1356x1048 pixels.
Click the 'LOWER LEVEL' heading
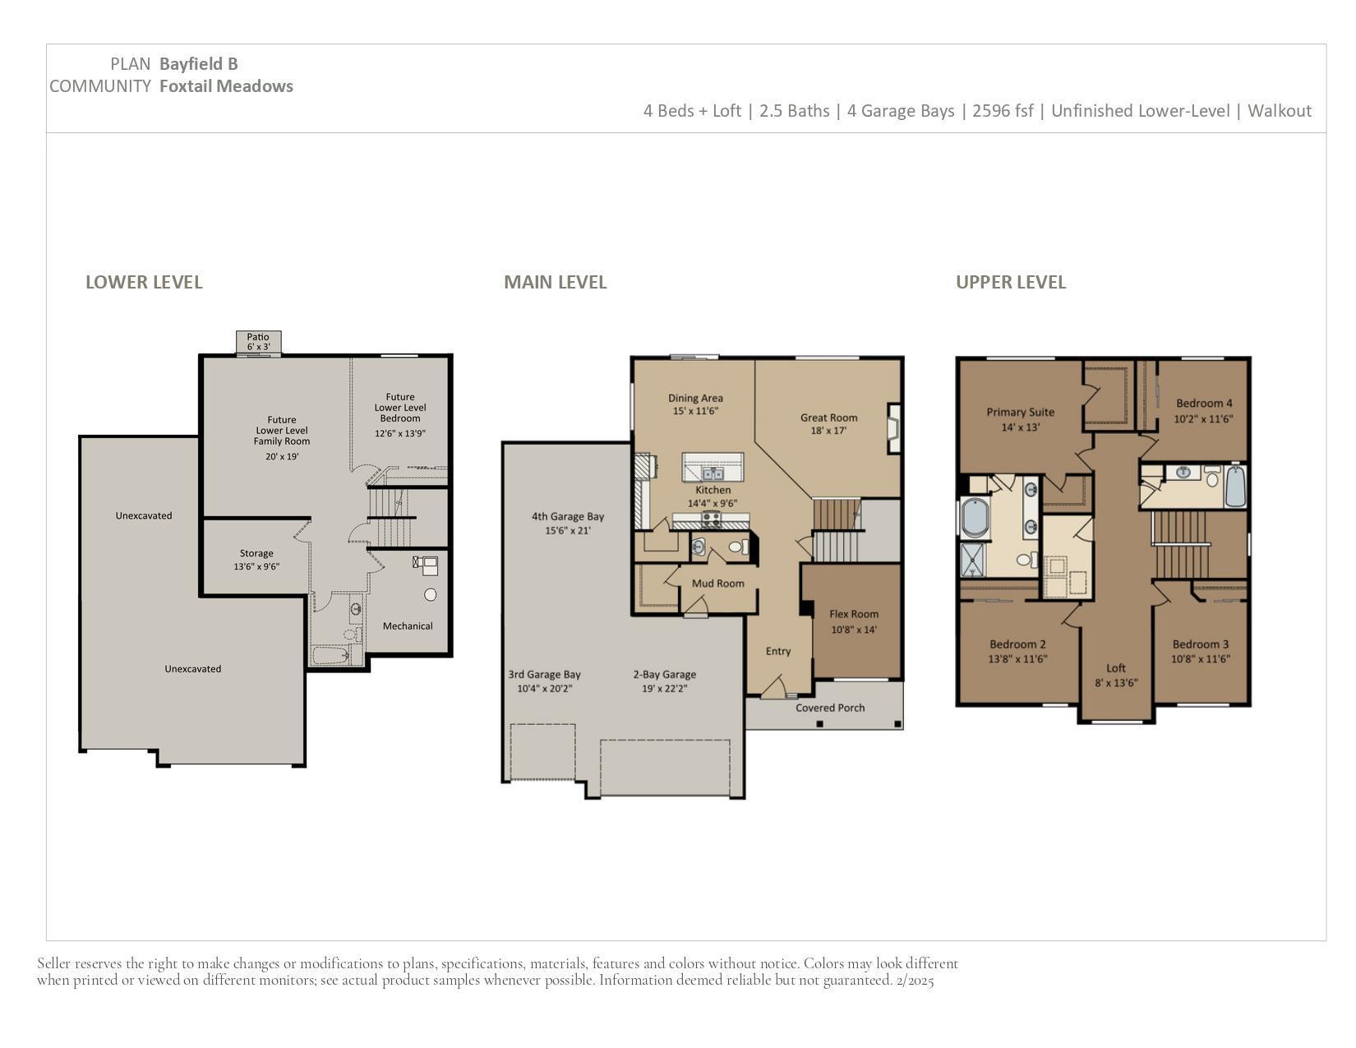(144, 282)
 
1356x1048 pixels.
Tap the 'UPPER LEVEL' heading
(1010, 282)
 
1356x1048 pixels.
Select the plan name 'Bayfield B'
(198, 64)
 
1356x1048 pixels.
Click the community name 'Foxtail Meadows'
(226, 86)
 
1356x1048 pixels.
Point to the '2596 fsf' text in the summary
(1002, 111)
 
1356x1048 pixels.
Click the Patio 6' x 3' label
(258, 342)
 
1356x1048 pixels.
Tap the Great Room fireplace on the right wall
(894, 428)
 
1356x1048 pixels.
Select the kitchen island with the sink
(713, 467)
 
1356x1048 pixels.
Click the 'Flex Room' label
(854, 614)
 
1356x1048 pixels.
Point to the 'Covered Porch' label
(830, 708)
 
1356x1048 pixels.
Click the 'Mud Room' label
(717, 584)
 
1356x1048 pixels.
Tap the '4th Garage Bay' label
(568, 517)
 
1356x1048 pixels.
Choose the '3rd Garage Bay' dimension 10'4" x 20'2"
(545, 689)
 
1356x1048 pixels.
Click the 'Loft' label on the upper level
(1116, 668)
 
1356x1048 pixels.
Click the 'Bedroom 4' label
(1204, 404)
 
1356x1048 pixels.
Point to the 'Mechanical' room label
(408, 626)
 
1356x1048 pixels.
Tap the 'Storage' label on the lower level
(256, 554)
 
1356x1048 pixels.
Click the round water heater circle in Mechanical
(430, 595)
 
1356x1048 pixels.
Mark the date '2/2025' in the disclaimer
(915, 980)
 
